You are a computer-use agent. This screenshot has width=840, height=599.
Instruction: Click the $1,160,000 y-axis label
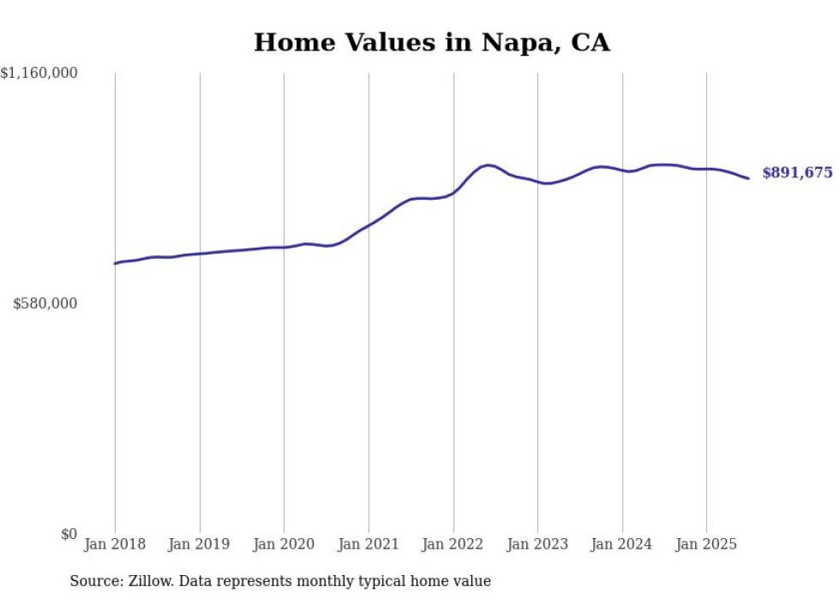[x=39, y=74]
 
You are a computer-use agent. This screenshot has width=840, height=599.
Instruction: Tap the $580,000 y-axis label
[x=45, y=303]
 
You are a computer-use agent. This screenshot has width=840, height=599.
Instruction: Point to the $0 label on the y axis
[x=69, y=535]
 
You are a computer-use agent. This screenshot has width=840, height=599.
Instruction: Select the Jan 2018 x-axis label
[x=115, y=544]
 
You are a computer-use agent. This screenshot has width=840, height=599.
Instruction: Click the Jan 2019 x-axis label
[x=200, y=544]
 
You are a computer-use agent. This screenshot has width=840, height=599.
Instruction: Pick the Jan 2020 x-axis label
[x=284, y=544]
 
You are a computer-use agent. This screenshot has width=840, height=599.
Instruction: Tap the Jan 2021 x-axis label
[x=369, y=544]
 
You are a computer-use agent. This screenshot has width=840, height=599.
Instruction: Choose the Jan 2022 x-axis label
[x=453, y=544]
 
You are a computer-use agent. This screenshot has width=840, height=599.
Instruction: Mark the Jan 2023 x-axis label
[x=537, y=544]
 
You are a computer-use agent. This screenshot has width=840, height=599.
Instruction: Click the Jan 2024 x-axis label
[x=622, y=544]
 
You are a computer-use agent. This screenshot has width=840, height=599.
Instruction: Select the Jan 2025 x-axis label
[x=706, y=544]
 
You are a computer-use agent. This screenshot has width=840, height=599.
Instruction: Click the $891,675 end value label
[x=797, y=173]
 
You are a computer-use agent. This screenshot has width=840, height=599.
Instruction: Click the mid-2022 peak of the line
[x=488, y=165]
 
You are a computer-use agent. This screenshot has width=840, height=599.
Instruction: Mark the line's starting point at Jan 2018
[x=115, y=263]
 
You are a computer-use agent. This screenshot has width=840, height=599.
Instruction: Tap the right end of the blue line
[x=748, y=178]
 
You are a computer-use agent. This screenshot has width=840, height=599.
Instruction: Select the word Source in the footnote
[x=93, y=581]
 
